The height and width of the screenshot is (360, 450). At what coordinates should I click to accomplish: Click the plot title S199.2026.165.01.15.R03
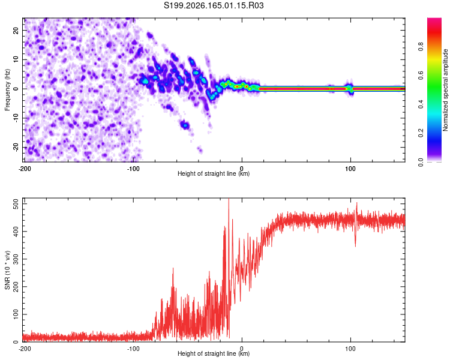pos(214,5)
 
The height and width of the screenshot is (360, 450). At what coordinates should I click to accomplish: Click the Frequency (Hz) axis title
pos(7,89)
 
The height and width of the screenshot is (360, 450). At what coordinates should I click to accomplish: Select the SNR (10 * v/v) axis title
pos(7,270)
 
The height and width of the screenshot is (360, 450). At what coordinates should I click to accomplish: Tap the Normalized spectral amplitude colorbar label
pos(445,90)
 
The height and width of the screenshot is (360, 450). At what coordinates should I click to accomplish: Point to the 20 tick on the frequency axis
pos(16,30)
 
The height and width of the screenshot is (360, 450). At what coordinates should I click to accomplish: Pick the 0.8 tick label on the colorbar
pos(421,46)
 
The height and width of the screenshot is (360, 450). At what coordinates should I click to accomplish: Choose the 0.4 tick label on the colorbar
pos(421,104)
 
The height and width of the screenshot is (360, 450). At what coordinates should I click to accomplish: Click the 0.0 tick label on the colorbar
pos(421,162)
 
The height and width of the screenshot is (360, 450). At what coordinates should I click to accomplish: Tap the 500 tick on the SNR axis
pos(16,204)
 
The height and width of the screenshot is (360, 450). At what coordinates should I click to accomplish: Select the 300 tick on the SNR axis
pos(16,259)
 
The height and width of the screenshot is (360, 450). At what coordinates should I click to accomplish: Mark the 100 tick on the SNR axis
pos(16,314)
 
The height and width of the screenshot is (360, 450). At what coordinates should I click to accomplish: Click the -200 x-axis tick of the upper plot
pos(25,169)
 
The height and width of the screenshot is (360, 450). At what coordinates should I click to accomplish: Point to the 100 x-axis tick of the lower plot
pos(350,349)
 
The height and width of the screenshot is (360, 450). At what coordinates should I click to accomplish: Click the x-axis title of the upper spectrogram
pos(214,173)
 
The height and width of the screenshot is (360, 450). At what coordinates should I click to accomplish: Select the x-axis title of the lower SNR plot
pos(214,353)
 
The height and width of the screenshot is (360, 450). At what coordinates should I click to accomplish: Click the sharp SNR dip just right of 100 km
pos(355,242)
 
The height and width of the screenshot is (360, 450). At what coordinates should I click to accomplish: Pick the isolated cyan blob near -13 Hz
pos(185,125)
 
